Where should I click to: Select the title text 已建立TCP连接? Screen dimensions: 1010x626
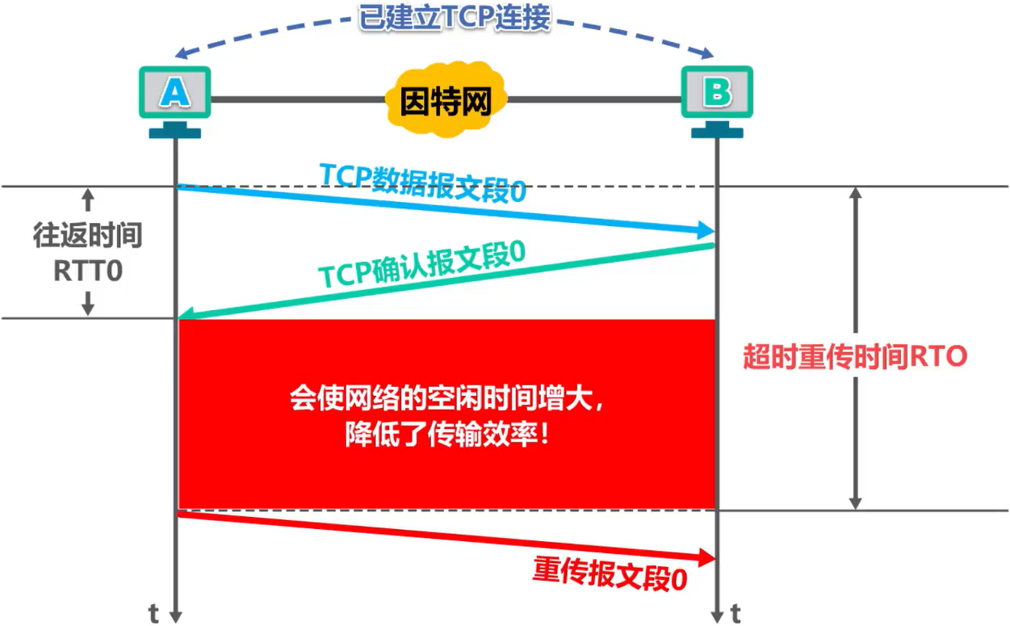tap(455, 18)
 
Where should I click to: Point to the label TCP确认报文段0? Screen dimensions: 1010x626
tap(422, 263)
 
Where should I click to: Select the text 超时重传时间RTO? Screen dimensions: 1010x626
tap(855, 356)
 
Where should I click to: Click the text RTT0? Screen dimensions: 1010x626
tap(88, 271)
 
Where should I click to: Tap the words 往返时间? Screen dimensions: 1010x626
tap(88, 236)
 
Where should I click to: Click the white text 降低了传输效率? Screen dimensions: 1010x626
tap(448, 436)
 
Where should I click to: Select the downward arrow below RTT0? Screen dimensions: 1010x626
tap(88, 303)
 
